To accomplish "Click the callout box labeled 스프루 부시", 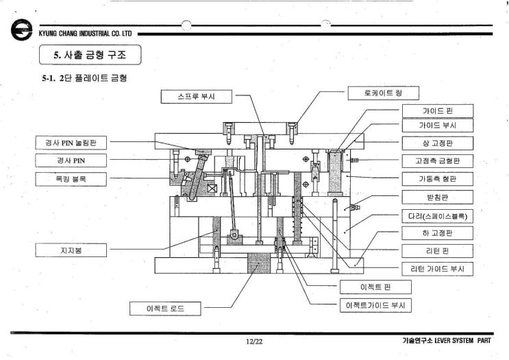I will [197, 96].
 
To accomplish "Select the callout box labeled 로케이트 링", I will [383, 92].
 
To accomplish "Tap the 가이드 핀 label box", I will [437, 110].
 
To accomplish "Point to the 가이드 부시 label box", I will [437, 125].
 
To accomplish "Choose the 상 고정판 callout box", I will [437, 143].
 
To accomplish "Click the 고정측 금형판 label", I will [437, 161].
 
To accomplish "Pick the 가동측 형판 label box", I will [437, 179].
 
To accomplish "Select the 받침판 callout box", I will [437, 197].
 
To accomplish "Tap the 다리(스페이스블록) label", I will [437, 215].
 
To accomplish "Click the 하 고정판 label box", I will [437, 233].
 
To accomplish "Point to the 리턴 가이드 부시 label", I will [437, 269].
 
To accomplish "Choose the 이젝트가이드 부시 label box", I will [375, 305].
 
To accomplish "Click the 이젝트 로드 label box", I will [166, 309].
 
